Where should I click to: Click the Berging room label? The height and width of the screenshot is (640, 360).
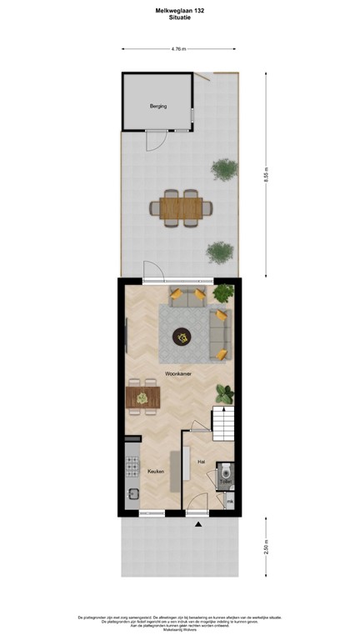[157, 107]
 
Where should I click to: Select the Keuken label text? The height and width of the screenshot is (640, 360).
[155, 472]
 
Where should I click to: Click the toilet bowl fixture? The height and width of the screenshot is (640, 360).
[225, 471]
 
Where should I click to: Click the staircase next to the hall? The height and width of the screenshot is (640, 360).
[224, 425]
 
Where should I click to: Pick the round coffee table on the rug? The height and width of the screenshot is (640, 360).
[181, 337]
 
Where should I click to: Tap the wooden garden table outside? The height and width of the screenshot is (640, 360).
[179, 207]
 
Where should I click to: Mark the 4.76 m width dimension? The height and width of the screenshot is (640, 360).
[178, 48]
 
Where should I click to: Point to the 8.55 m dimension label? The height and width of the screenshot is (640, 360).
[265, 175]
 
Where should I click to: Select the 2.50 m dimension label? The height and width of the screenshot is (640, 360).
[265, 547]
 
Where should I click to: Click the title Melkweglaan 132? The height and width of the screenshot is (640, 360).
[180, 9]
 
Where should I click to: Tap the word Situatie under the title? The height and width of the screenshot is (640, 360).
[180, 17]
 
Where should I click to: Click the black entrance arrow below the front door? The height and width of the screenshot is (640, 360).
[197, 525]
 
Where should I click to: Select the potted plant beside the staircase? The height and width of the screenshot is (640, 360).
[224, 393]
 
